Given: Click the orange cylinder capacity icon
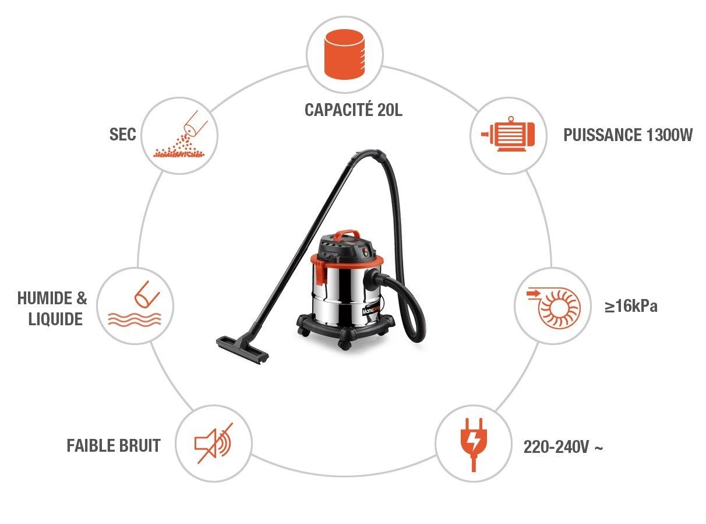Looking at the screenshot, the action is (x=344, y=54).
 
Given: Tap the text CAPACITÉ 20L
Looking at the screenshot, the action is (x=354, y=110).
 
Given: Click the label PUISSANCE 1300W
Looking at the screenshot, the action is (x=627, y=135).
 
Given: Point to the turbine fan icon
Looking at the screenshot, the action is (x=554, y=307).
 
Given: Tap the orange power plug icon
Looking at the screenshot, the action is (x=474, y=445).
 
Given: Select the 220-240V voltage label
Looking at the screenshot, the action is (x=563, y=447).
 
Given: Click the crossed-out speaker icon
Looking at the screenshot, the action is (x=214, y=443).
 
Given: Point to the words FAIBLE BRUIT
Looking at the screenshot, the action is (x=114, y=445).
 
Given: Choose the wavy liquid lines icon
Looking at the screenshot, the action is (x=135, y=319).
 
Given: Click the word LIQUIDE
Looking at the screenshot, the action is (x=55, y=319).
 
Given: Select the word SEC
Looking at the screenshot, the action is (x=122, y=134).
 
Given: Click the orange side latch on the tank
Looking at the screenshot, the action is (x=322, y=272).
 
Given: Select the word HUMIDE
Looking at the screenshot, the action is (x=45, y=298).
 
